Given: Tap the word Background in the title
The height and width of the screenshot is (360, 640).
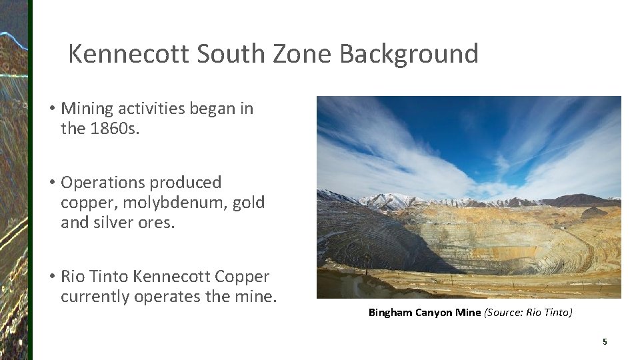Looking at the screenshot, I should (409, 54).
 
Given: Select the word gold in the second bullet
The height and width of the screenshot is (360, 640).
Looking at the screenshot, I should (249, 203).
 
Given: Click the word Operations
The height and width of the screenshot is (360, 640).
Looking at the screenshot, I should (102, 183).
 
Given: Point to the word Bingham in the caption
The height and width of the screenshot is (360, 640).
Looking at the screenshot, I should (390, 313).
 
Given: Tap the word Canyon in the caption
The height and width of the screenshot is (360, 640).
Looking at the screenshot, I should (434, 313).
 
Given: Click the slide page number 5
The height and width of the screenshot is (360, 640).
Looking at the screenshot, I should (605, 342).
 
